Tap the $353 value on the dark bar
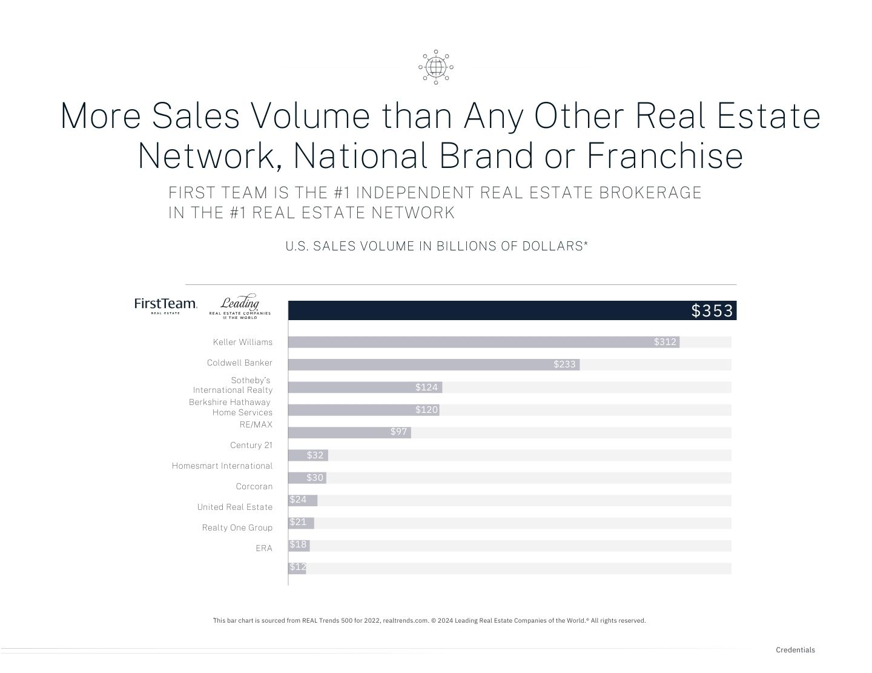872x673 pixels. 712,311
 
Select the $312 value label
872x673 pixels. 665,342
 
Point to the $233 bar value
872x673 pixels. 564,364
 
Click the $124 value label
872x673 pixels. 426,387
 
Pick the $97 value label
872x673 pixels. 398,432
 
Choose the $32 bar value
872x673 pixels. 315,455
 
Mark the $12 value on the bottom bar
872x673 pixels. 297,567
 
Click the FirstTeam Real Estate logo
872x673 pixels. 165,305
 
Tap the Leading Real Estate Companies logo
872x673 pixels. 240,306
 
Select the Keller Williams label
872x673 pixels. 242,343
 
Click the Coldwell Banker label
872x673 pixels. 239,363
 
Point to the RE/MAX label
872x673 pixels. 256,425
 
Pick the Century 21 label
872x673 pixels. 251,446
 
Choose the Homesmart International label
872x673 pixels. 222,466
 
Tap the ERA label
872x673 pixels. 263,548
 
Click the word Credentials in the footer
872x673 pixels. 795,650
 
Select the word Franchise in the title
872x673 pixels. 664,156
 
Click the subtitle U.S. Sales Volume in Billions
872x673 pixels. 437,246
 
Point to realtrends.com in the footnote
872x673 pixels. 405,621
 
